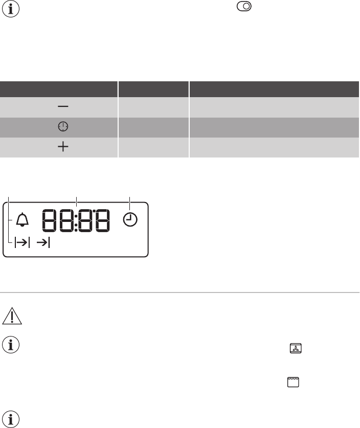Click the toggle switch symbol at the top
[x=244, y=6]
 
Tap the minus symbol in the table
[x=63, y=106]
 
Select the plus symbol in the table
[x=63, y=147]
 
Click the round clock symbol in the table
[x=63, y=127]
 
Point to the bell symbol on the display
[x=22, y=219]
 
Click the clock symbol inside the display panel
[x=130, y=220]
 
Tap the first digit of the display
[x=50, y=220]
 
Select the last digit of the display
[x=103, y=220]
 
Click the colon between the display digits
[x=76, y=220]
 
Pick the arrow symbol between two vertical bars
[x=22, y=242]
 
